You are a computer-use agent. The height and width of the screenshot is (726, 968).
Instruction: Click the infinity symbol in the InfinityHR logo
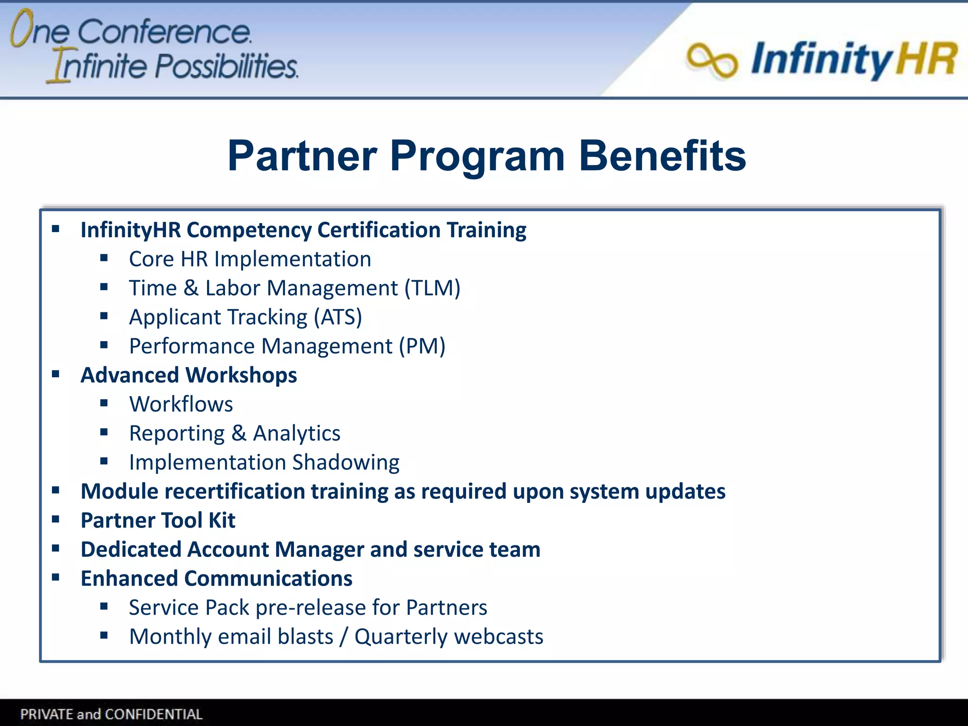[712, 60]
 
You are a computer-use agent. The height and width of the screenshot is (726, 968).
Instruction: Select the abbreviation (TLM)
[432, 288]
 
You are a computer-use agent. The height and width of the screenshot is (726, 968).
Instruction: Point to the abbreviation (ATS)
[338, 317]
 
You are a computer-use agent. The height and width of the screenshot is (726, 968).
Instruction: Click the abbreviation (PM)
[422, 346]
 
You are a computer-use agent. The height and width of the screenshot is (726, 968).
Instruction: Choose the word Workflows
[181, 404]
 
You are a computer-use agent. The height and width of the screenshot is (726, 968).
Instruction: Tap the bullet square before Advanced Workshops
[56, 375]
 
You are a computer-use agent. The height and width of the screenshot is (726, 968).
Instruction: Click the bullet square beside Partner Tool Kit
[56, 520]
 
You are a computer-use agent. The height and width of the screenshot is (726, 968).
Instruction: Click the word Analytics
[296, 433]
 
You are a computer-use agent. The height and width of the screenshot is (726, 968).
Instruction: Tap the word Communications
[268, 579]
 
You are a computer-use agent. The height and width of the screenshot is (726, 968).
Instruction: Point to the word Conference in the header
[164, 32]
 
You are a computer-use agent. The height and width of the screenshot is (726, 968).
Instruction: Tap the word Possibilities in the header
[226, 66]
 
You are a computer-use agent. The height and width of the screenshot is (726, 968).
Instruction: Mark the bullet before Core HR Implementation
[104, 259]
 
